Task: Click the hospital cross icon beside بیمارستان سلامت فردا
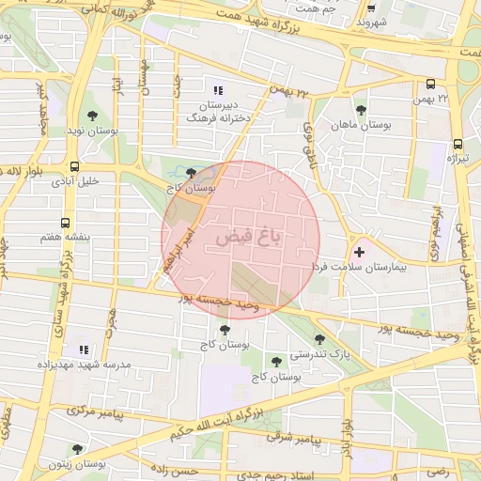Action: coord(359,252)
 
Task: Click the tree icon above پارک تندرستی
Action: coord(319,339)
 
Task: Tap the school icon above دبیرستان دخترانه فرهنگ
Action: coord(218,91)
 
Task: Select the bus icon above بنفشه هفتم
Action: coord(65,224)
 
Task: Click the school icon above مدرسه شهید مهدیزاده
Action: coord(83,349)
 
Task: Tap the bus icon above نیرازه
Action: coord(458,145)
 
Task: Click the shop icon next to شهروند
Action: coord(364,21)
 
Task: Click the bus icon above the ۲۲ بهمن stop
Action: coord(430,84)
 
